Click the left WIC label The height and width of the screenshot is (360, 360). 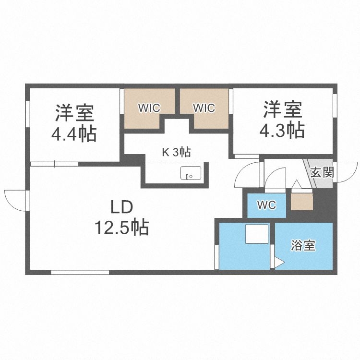coord(149,108)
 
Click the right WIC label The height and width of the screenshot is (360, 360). coord(204,108)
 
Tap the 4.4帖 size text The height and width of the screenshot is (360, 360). coord(74,133)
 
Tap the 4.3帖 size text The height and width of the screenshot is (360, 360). coord(282,130)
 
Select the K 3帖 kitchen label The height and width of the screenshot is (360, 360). coord(176,153)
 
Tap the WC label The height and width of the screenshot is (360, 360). coord(266,205)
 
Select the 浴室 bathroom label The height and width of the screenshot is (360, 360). coord(303,246)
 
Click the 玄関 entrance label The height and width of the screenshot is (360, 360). coord(322,172)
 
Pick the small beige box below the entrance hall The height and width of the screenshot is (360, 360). coord(302,201)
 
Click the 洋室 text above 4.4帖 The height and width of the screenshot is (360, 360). coord(74,113)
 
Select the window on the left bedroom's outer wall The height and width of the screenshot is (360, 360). coord(28,114)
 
